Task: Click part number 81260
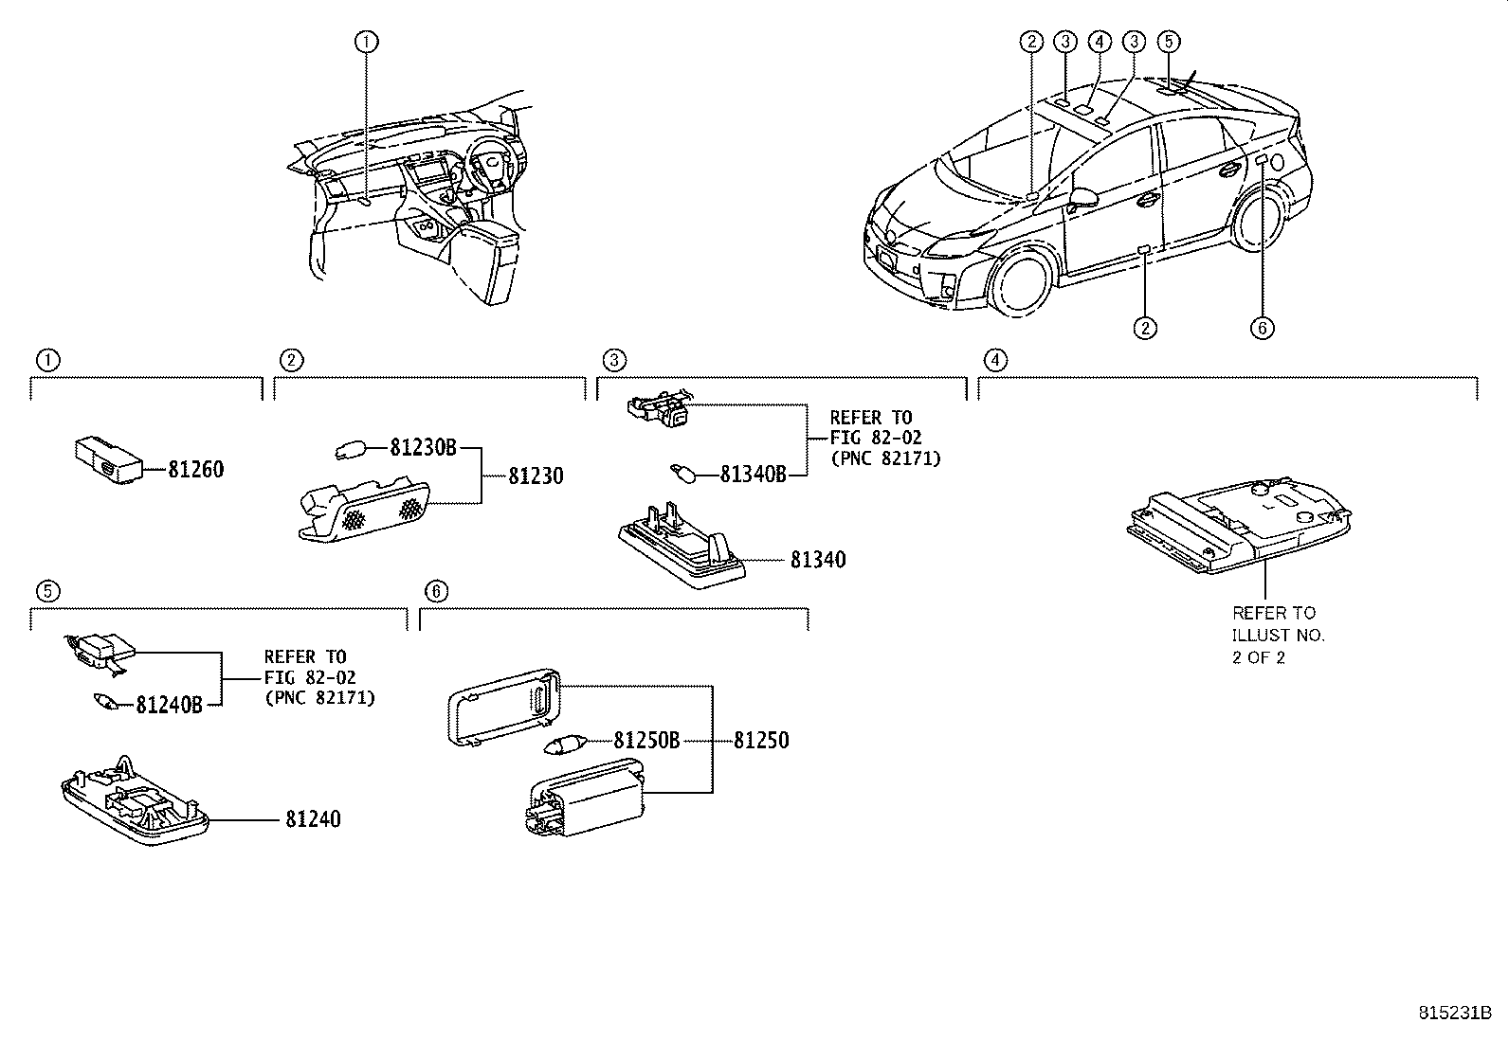(196, 469)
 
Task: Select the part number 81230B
(423, 448)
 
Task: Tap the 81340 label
(818, 560)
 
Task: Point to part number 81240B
(169, 705)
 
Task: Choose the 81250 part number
(760, 740)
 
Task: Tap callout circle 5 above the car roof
(1168, 41)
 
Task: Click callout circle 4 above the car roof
(1099, 41)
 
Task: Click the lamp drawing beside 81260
(108, 459)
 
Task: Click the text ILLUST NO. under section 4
(1278, 635)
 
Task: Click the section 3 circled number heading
(614, 360)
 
